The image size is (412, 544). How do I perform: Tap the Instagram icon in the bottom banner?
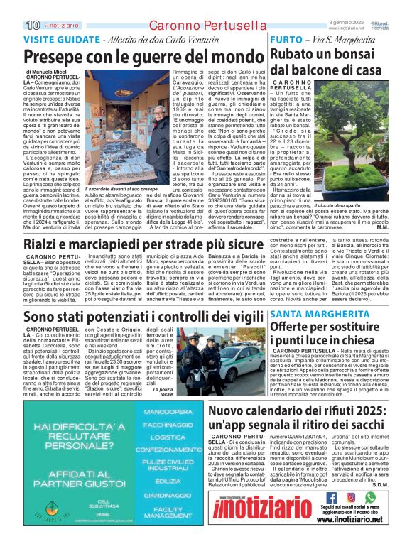click(350, 497)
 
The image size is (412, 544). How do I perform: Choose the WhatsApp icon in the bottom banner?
click(369, 497)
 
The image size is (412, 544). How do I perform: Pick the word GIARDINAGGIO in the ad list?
click(168, 495)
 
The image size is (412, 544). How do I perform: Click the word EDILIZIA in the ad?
click(168, 480)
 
